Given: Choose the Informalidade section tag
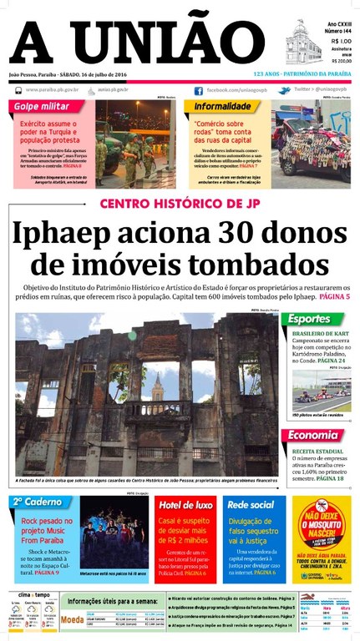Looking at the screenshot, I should [221, 107].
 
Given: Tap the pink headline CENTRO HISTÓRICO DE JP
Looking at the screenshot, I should [179, 204].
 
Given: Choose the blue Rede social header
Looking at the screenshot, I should [251, 505].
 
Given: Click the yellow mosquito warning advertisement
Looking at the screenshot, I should [322, 538].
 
